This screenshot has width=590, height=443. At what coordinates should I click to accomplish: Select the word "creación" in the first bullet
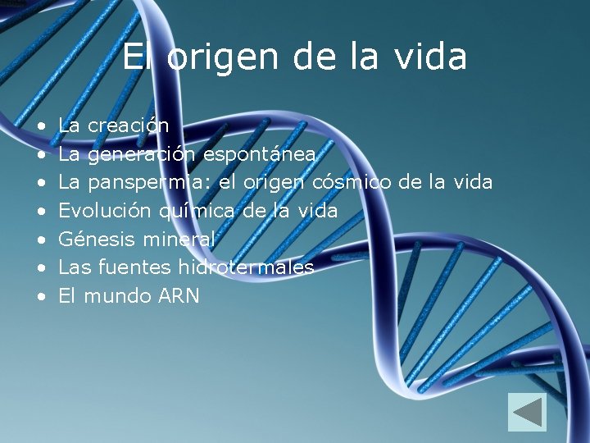click(x=128, y=126)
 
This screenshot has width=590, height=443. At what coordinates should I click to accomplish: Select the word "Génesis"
click(x=98, y=240)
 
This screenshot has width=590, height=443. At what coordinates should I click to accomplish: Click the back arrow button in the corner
click(x=527, y=412)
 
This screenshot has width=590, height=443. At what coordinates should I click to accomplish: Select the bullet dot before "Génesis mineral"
click(x=41, y=240)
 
